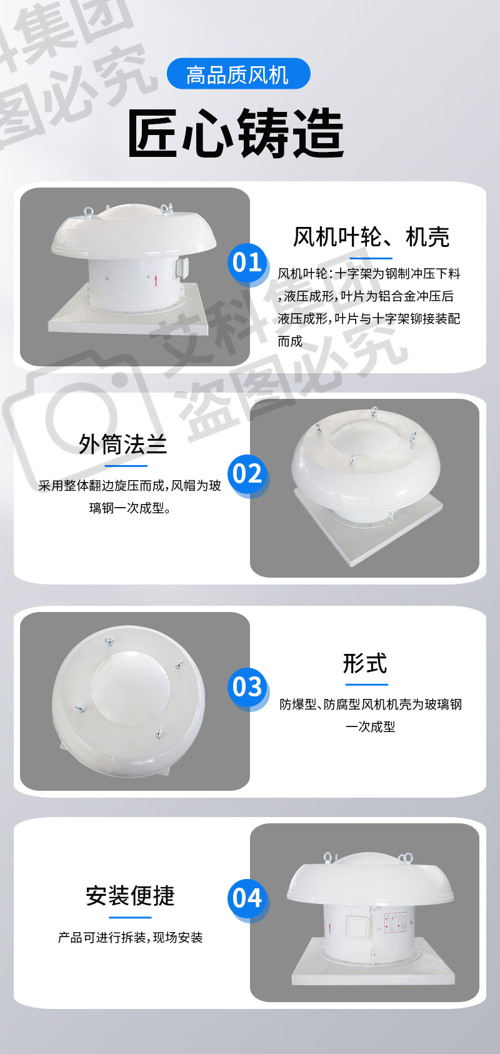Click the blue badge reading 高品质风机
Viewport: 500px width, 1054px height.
239,74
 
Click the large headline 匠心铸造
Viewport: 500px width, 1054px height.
236,133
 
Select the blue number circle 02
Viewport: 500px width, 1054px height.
247,474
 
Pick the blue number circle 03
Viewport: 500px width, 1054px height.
247,687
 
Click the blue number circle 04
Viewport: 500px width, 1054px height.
247,898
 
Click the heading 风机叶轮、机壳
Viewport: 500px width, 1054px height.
371,237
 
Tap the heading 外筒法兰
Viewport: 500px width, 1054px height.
122,444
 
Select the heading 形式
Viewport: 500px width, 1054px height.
365,663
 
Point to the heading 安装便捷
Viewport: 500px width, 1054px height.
130,895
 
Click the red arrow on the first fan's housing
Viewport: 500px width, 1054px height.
156,281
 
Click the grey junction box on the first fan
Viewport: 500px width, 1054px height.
182,268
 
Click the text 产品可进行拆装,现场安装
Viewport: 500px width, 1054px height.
130,937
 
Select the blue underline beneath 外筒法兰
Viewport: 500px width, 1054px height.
126,466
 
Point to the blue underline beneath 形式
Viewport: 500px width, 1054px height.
366,685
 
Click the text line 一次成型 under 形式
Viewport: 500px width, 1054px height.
370,727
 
